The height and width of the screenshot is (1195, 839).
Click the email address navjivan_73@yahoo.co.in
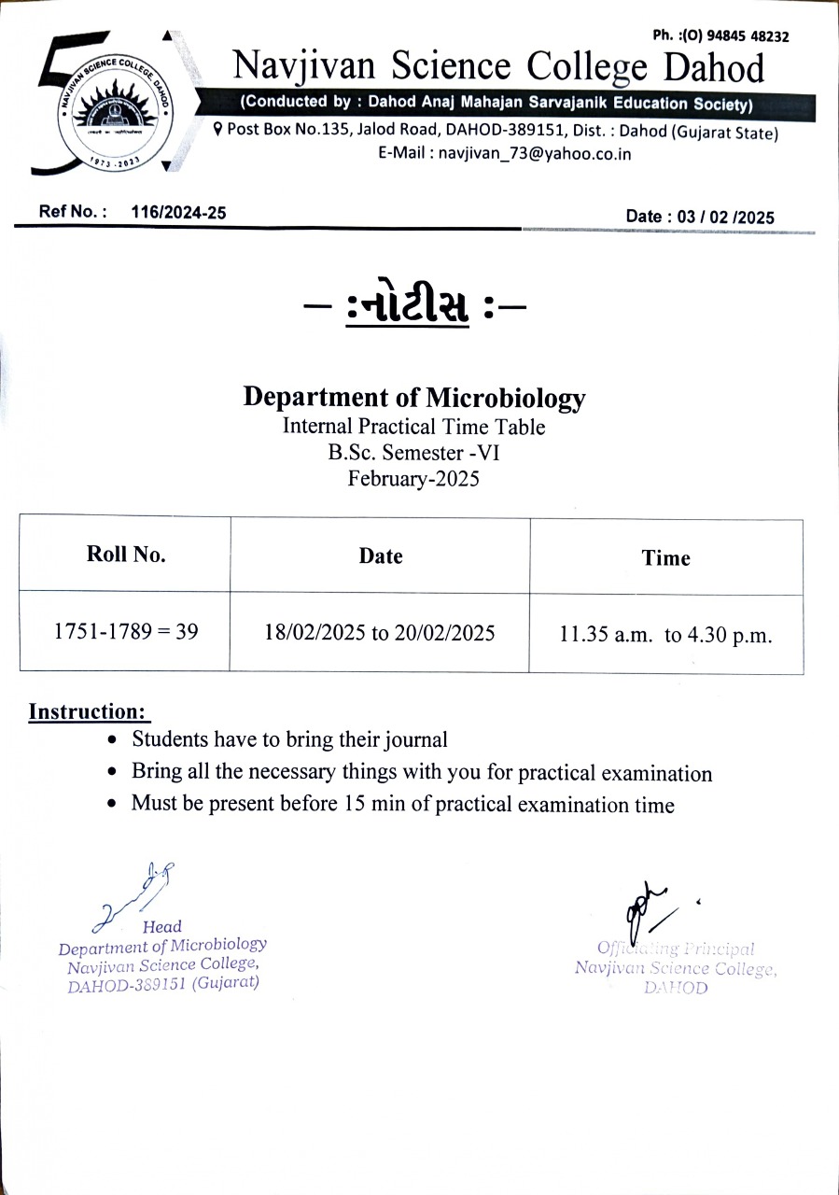(535, 154)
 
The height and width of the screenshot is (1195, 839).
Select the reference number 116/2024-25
(179, 213)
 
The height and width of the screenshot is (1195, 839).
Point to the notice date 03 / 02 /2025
(725, 217)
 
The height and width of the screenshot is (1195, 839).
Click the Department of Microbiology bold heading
(414, 397)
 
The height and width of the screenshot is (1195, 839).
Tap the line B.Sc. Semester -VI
(414, 454)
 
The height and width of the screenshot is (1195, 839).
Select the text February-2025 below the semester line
(413, 479)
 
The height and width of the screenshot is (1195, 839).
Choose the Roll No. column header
(126, 555)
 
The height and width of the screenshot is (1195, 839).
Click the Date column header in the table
(381, 556)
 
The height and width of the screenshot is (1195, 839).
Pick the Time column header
(665, 558)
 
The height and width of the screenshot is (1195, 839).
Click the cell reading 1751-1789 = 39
(126, 632)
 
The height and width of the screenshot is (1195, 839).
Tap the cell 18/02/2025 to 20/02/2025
(380, 633)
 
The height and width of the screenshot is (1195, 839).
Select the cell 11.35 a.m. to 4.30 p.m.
(665, 636)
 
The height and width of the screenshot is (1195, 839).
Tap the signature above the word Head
(140, 894)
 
